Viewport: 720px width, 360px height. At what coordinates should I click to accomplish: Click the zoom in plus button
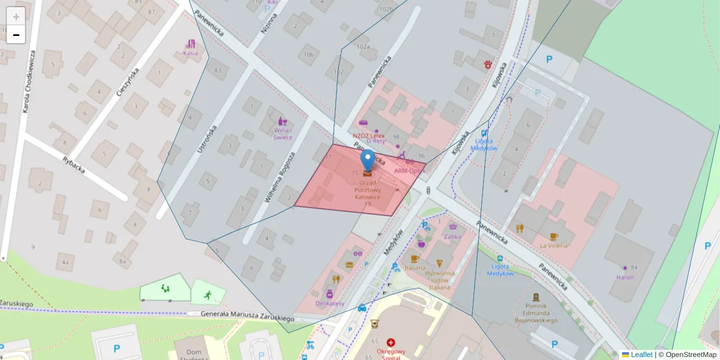(16, 16)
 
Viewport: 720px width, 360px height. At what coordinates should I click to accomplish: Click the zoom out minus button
(16, 35)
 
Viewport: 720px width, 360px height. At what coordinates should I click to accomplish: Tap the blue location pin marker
(367, 161)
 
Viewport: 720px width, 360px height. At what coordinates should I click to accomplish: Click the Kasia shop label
(190, 53)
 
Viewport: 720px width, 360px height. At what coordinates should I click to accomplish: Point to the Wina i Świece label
(283, 133)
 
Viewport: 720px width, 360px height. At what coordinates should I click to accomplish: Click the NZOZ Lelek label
(368, 136)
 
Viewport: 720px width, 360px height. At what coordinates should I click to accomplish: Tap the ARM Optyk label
(410, 170)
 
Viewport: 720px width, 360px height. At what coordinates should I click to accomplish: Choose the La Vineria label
(554, 245)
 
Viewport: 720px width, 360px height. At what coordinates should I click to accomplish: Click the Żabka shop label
(452, 236)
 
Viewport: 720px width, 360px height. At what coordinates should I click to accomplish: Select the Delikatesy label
(330, 303)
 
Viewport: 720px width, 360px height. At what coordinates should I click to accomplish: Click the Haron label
(625, 277)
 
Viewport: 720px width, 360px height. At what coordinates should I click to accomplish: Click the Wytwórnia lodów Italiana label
(440, 280)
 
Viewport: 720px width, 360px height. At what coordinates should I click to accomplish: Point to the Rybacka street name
(74, 164)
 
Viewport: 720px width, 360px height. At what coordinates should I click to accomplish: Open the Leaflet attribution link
(641, 355)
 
